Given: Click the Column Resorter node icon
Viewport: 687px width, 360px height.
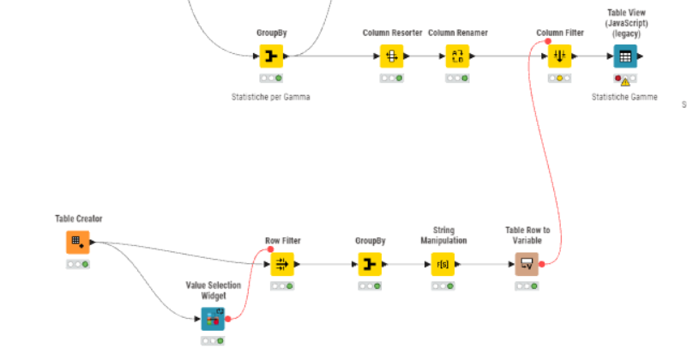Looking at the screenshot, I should (x=391, y=57).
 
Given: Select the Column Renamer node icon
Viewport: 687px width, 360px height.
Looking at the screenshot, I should (x=457, y=57).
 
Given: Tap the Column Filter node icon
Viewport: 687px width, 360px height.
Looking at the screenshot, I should (x=560, y=57).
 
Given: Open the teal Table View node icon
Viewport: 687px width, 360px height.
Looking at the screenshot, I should (x=625, y=57).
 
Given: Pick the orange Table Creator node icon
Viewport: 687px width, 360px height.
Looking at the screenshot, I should (x=77, y=242).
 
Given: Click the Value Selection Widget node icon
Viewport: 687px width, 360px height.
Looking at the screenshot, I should (x=213, y=320).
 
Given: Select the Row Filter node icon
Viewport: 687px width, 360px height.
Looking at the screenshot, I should (x=283, y=264).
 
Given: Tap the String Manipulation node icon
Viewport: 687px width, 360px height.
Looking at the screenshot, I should (x=443, y=264).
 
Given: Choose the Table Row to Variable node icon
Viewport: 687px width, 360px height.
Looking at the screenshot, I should (x=527, y=264).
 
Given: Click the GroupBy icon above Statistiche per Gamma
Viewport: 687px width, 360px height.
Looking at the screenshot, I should (x=271, y=57).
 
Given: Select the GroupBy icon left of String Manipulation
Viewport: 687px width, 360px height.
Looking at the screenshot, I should (x=369, y=264).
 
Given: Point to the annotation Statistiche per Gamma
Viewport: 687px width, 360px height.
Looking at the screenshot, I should (x=270, y=97).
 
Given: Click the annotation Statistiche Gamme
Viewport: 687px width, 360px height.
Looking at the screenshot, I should (x=624, y=97).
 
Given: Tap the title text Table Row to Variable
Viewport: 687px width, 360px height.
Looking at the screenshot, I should (x=527, y=235).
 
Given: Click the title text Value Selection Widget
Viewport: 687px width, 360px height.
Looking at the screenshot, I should (x=213, y=291).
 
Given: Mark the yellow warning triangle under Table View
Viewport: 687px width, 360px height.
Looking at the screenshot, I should (x=625, y=81).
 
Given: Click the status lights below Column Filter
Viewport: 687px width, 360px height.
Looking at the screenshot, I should (x=560, y=78).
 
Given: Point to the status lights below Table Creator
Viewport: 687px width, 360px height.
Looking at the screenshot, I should (x=77, y=264).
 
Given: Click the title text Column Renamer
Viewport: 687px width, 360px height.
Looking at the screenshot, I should (x=457, y=33).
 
